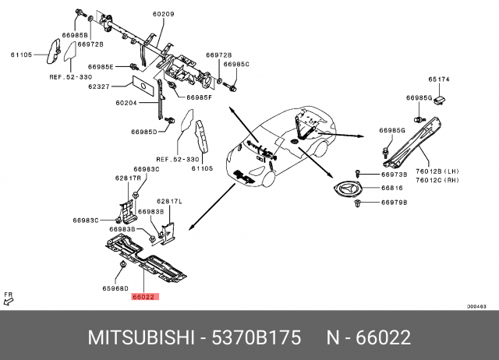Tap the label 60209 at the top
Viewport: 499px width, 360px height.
163,14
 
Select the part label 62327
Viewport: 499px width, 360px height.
99,86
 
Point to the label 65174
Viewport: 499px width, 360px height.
439,79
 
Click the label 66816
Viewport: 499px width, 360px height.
392,188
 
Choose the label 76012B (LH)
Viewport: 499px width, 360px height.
437,171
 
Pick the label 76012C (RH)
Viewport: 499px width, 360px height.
437,180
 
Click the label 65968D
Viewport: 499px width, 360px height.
115,288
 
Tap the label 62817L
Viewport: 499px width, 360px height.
169,201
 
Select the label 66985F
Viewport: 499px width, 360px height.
200,97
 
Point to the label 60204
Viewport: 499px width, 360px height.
126,103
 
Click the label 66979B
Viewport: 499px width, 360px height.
395,203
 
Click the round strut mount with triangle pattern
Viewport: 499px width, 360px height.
348,189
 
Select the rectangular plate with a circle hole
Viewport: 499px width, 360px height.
143,85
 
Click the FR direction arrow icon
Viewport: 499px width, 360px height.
9,299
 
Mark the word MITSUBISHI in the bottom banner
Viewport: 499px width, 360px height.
141,337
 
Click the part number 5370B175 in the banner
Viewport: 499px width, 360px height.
257,337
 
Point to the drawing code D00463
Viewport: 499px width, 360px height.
476,306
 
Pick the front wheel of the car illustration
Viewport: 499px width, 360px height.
267,178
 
